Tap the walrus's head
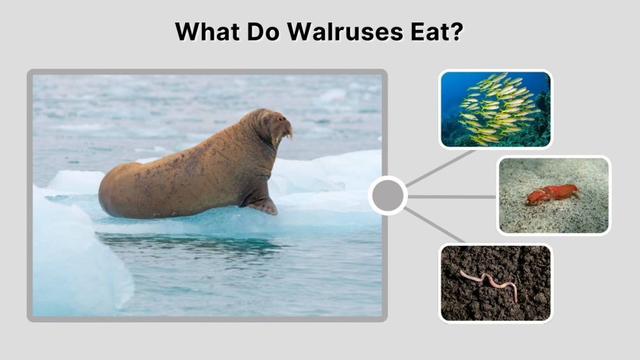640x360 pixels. [x=273, y=122]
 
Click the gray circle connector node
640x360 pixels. [x=387, y=196]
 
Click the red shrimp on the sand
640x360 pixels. [x=551, y=194]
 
